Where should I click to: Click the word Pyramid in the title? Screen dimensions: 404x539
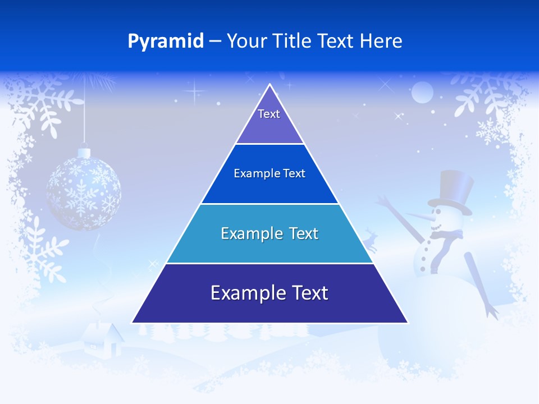166,42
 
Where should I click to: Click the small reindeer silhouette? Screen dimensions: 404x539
370,238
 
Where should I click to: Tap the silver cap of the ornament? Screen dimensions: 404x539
84,152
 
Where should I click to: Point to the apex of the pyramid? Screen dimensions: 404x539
269,86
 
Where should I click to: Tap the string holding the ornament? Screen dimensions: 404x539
84,112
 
